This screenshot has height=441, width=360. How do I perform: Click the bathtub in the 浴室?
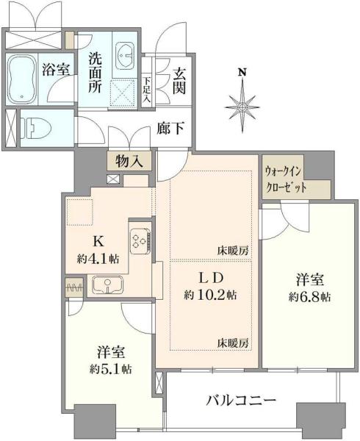21,79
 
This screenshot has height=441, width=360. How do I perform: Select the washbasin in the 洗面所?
125,55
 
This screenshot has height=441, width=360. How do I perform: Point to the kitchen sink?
107,284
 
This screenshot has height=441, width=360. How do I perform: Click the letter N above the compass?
242,73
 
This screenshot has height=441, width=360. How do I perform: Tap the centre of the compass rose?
242,107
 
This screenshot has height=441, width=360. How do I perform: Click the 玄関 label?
179,82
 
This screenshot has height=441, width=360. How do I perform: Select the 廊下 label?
170,129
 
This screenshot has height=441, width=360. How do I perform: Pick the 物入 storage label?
129,162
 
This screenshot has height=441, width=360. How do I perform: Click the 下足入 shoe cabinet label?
147,90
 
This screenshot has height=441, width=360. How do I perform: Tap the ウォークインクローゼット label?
286,179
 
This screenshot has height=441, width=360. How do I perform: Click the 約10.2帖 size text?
210,295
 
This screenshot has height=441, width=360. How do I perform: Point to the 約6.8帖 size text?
309,297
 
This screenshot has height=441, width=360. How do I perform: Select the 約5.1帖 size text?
111,369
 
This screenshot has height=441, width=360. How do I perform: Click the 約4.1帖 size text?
98,259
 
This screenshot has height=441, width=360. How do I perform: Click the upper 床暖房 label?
233,251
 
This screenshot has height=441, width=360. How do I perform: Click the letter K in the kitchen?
98,241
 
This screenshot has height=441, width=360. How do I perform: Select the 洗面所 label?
96,73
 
